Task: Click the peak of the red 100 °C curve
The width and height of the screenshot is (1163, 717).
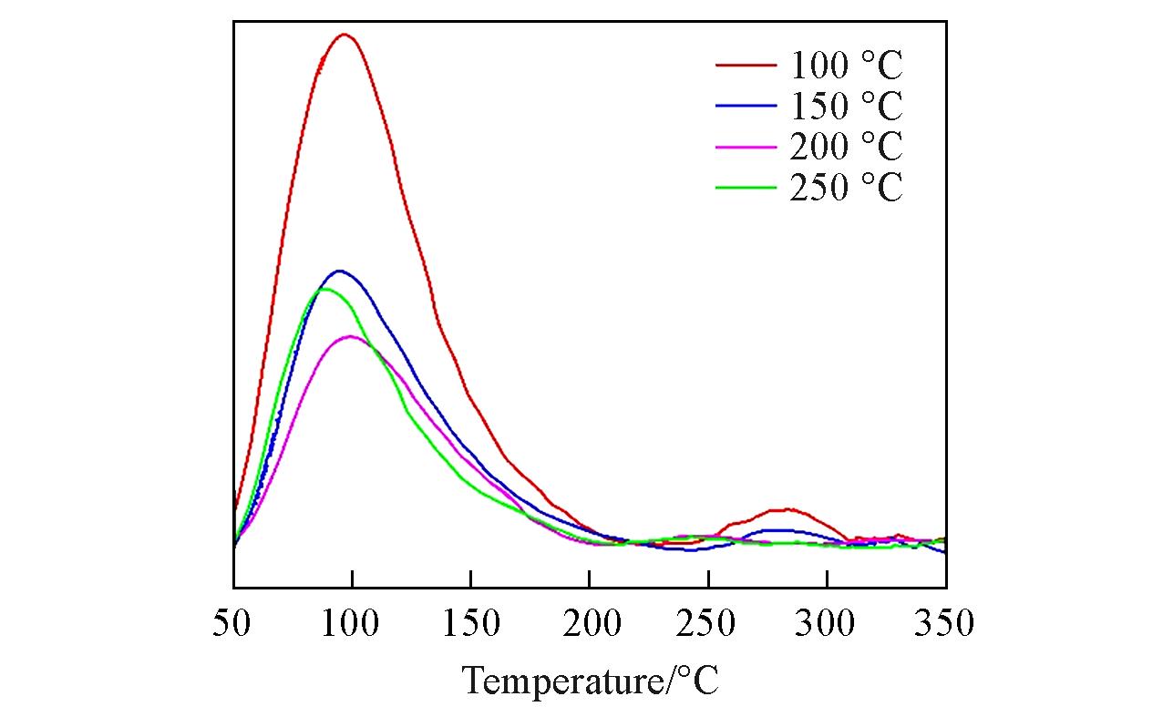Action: click(345, 35)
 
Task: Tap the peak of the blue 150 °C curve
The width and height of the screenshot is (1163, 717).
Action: click(340, 271)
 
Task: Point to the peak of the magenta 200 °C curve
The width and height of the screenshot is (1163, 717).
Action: click(350, 336)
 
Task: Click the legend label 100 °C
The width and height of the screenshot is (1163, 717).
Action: click(846, 67)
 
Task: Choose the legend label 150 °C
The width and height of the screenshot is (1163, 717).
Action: click(846, 108)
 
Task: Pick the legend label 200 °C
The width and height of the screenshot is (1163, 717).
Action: click(846, 148)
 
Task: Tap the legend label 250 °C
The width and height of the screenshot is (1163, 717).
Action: click(846, 189)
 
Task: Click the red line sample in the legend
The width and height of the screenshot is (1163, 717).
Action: click(746, 66)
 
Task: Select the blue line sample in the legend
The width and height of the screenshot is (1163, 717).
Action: click(746, 107)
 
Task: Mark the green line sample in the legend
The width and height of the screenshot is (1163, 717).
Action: click(746, 188)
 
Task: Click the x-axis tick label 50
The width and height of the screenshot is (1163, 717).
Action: click(233, 624)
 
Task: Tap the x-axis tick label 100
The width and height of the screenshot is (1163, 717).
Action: click(352, 624)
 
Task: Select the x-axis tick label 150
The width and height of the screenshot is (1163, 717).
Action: click(470, 624)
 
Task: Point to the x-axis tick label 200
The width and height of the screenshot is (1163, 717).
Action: click(590, 624)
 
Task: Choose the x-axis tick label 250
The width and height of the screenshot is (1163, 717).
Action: click(708, 624)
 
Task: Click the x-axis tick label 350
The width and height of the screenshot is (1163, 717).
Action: click(945, 624)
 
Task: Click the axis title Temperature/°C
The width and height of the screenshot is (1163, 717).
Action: click(591, 681)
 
